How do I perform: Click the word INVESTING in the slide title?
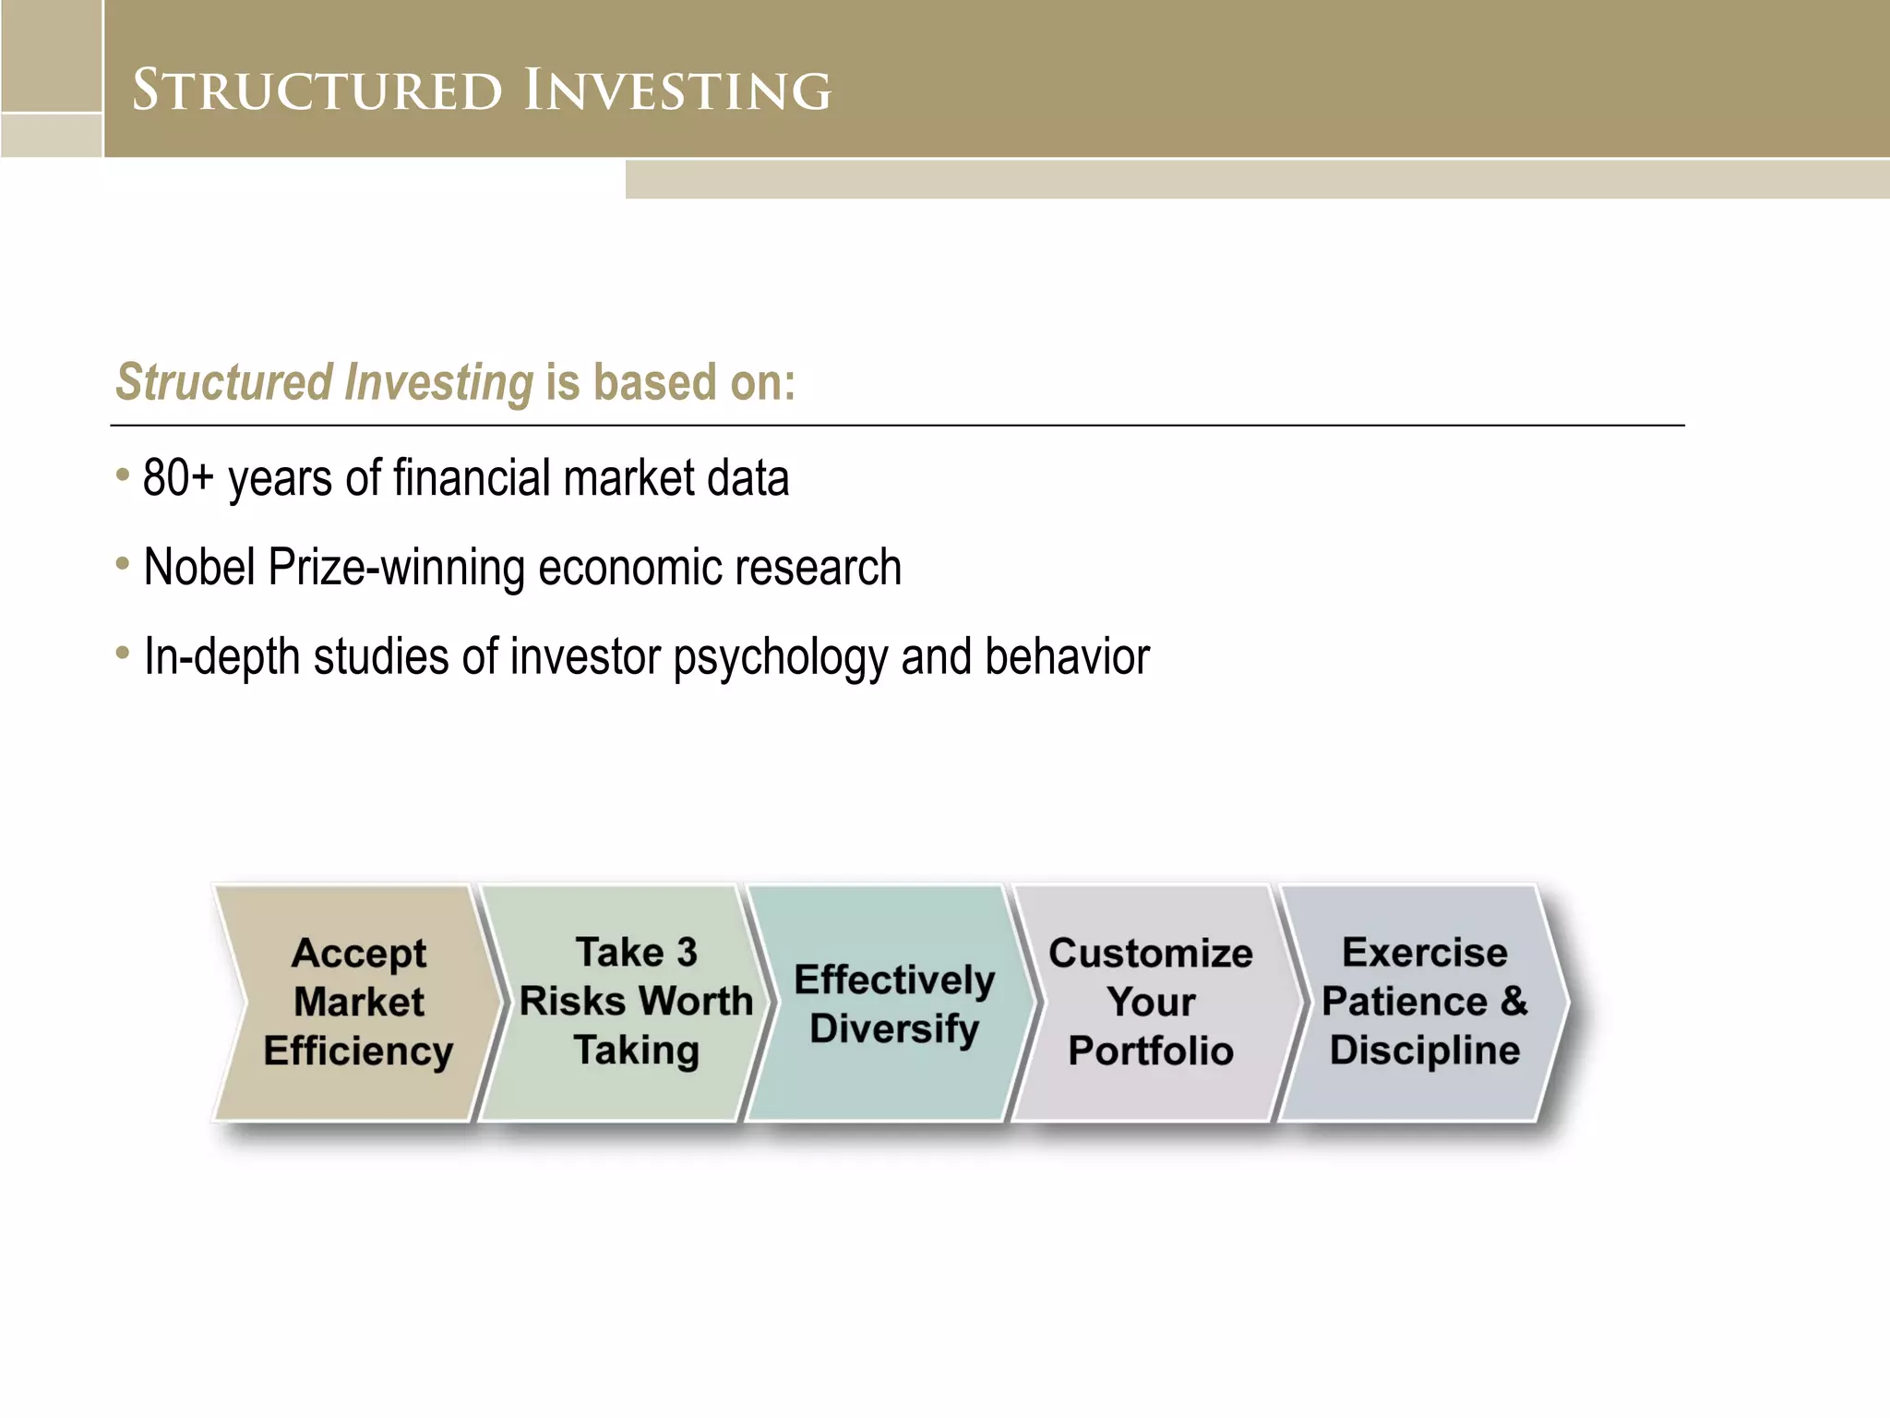pyautogui.click(x=677, y=90)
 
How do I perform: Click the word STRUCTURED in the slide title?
pyautogui.click(x=317, y=90)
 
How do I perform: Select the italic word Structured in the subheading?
pyautogui.click(x=223, y=382)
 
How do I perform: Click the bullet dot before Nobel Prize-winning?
pyautogui.click(x=123, y=563)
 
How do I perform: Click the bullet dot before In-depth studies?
pyautogui.click(x=123, y=653)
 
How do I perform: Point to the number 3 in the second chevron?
pyautogui.click(x=686, y=952)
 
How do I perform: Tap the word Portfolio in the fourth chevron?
pyautogui.click(x=1150, y=1051)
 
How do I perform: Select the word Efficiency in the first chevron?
pyautogui.click(x=358, y=1051)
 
